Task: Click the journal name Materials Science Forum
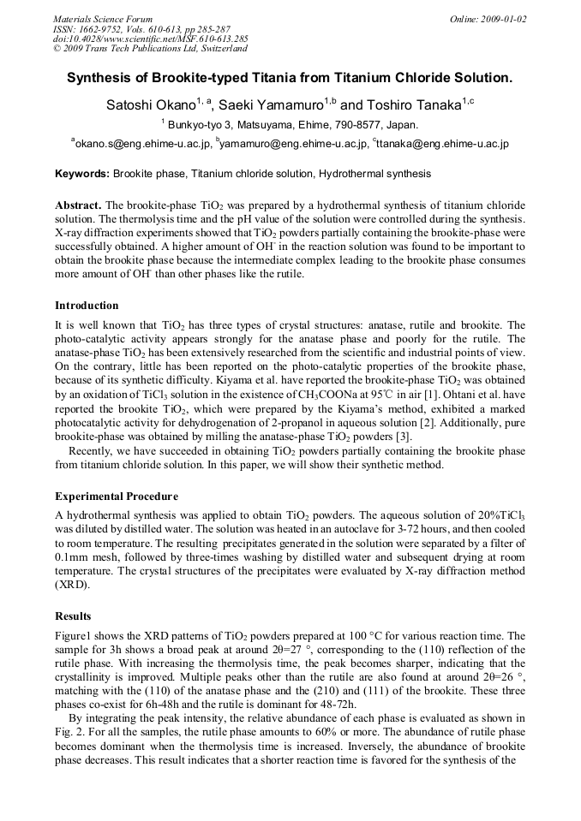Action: coord(103,19)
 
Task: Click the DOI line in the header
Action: coord(151,39)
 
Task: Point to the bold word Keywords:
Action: coord(82,174)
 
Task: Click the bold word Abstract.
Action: coord(78,206)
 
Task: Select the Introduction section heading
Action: coord(87,306)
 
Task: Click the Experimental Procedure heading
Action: coord(117,496)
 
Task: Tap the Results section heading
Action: coord(73,616)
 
